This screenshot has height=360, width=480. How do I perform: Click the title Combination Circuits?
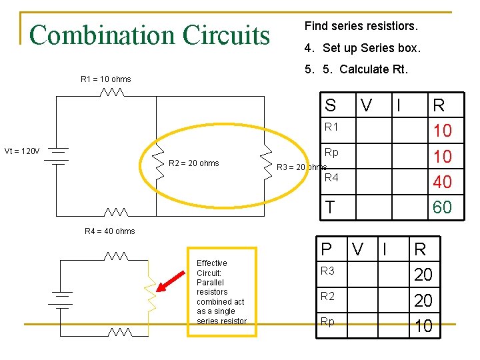pos(149,35)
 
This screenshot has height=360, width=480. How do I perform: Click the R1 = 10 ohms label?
pos(105,79)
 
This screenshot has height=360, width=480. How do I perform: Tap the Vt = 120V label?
pos(21,151)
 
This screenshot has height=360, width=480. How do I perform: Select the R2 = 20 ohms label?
pos(193,163)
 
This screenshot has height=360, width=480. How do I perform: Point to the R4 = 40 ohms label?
pos(109,231)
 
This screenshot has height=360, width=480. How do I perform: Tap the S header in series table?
pos(330,105)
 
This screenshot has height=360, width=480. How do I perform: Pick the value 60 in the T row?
pos(441,207)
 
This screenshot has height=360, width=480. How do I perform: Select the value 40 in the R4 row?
pos(441,182)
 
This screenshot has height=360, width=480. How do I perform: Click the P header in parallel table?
pos(326,249)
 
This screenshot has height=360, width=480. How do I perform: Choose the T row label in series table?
pos(330,207)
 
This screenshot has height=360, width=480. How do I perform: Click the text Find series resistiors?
pos(361,27)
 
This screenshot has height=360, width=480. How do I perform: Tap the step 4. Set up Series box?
pos(362,48)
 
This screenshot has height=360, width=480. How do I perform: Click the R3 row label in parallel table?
pos(328,271)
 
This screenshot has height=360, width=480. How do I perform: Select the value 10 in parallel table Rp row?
pos(423,326)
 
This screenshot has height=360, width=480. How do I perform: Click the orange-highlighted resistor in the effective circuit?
pos(151,291)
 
